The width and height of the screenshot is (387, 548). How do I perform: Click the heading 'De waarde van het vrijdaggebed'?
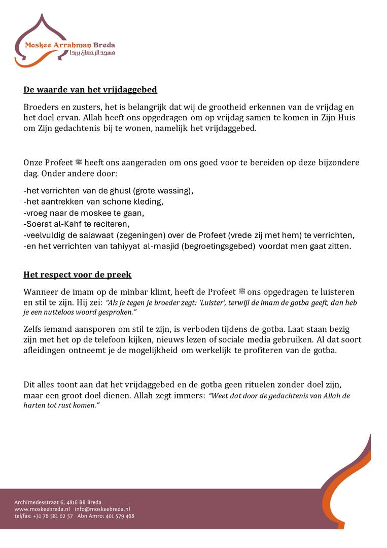90,90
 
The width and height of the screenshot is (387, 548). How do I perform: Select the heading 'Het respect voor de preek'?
77,275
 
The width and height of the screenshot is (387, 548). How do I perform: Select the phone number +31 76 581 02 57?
53,516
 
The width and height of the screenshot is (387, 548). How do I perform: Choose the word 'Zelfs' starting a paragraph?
33,329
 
